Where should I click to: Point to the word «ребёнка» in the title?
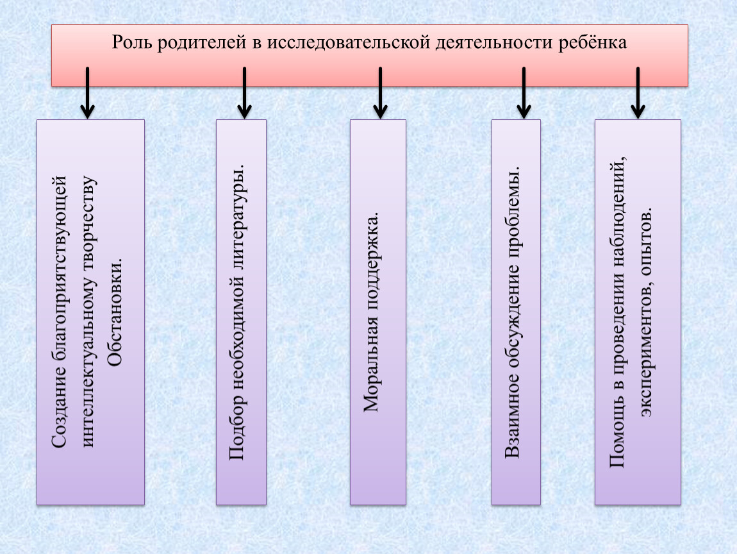592,42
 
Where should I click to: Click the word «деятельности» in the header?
494,43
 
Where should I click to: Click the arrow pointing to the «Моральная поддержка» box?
380,92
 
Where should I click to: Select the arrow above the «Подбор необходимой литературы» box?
244,92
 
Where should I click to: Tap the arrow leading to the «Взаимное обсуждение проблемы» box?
524,92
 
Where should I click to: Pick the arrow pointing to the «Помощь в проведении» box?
638,92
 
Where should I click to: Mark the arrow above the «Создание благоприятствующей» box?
87,92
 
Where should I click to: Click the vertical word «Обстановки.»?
115,312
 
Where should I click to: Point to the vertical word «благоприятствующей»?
59,268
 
